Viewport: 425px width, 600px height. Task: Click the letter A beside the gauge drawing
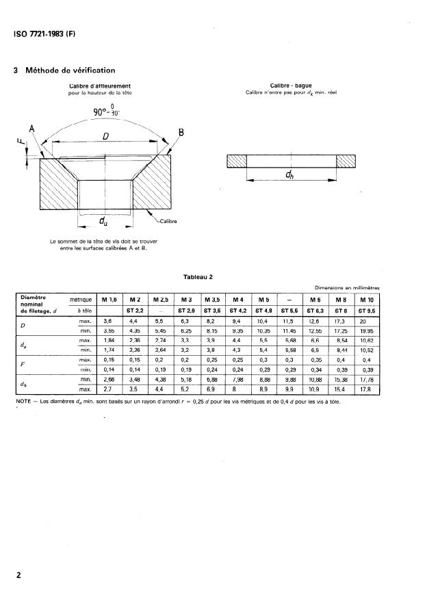click(31, 129)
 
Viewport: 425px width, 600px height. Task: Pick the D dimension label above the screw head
click(106, 138)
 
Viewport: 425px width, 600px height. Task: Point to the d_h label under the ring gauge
click(291, 175)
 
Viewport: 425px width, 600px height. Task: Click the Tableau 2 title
click(198, 278)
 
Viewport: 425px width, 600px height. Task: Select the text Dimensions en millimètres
click(348, 289)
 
